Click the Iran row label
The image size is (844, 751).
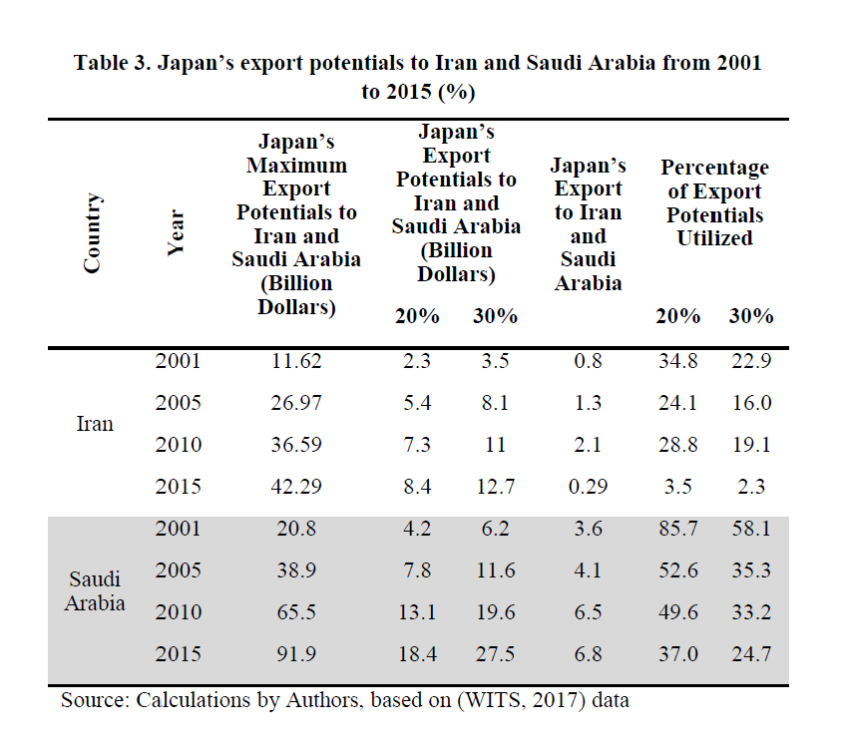pyautogui.click(x=95, y=424)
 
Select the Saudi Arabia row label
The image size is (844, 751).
pyautogui.click(x=95, y=591)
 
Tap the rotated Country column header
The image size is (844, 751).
pyautogui.click(x=93, y=233)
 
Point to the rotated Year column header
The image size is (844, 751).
pyautogui.click(x=177, y=233)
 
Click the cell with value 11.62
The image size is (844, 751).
pyautogui.click(x=296, y=361)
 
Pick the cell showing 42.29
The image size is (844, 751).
pyautogui.click(x=296, y=487)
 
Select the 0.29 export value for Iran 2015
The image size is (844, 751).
pyautogui.click(x=588, y=487)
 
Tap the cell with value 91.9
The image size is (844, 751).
pyautogui.click(x=296, y=654)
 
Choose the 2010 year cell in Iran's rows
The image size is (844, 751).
pyautogui.click(x=178, y=445)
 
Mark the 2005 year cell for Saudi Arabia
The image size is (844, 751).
pyautogui.click(x=178, y=570)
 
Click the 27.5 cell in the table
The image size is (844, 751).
pyautogui.click(x=495, y=654)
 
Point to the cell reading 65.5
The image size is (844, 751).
pyautogui.click(x=296, y=612)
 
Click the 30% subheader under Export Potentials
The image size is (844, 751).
pyautogui.click(x=495, y=316)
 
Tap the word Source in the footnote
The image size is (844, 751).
pyautogui.click(x=93, y=700)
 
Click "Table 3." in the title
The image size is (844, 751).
pyautogui.click(x=115, y=63)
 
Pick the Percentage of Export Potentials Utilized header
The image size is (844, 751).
pyautogui.click(x=714, y=202)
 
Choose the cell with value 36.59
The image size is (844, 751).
pyautogui.click(x=296, y=445)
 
